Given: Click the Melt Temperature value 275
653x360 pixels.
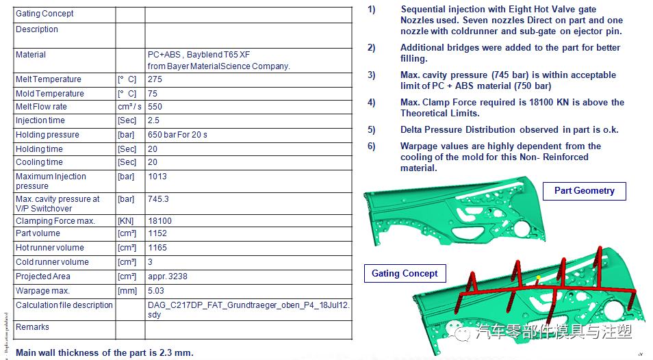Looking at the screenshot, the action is coord(155,79).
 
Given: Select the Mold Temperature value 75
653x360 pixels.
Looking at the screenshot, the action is coord(153,94).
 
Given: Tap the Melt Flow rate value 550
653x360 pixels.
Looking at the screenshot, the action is coord(155,107).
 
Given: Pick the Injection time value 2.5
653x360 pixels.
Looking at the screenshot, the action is coord(154,120).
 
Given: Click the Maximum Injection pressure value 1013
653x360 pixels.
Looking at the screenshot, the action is coord(157,177).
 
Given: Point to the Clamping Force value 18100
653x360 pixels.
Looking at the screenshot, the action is coord(160,221).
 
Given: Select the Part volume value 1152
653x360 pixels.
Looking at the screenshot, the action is coord(157,233).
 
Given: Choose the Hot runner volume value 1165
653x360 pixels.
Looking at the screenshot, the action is coord(157,248).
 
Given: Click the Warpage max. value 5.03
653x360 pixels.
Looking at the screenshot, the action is coord(156,290).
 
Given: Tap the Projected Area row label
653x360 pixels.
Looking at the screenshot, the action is coord(43,277).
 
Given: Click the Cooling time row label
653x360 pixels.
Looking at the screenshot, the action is coord(39,162).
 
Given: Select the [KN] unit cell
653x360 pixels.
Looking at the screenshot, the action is coord(126,221).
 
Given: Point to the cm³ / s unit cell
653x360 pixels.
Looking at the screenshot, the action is coord(129,107).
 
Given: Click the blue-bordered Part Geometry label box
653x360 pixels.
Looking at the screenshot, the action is coord(585,191).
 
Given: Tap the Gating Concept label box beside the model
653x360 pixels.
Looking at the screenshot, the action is coord(405,274).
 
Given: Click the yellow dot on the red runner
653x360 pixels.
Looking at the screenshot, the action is coord(539,277).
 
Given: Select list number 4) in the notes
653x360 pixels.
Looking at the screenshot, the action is coord(371,103).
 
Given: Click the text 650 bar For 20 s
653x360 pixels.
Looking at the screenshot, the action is coord(177,135).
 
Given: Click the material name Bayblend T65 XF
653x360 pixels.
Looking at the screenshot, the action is coord(218,55).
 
